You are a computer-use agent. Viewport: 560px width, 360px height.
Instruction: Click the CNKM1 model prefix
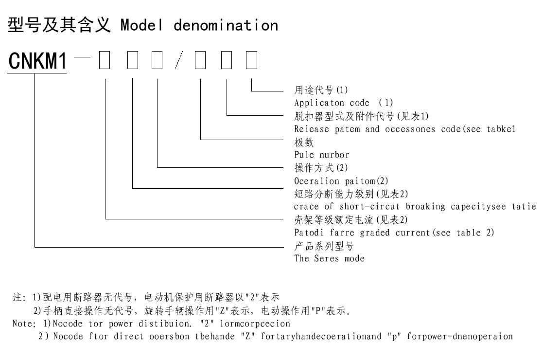(37, 62)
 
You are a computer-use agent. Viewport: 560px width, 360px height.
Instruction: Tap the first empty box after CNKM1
(105, 61)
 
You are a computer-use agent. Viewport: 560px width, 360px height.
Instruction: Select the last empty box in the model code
(251, 61)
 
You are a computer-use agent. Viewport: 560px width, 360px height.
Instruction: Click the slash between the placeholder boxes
(178, 61)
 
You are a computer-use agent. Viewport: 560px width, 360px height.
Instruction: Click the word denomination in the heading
(226, 25)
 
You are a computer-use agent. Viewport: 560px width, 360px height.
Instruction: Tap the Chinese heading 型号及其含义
(60, 25)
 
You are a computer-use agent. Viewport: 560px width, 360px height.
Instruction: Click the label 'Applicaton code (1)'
(344, 103)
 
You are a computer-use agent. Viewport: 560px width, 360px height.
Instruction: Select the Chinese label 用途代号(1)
(321, 90)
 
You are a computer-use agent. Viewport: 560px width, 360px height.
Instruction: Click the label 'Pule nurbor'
(322, 155)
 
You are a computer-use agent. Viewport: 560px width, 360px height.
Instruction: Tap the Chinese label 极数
(304, 142)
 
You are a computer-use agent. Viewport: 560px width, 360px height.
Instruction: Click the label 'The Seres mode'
(329, 258)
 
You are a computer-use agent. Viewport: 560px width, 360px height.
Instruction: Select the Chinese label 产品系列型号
(324, 246)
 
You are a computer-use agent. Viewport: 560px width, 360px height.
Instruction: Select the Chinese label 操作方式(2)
(321, 168)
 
